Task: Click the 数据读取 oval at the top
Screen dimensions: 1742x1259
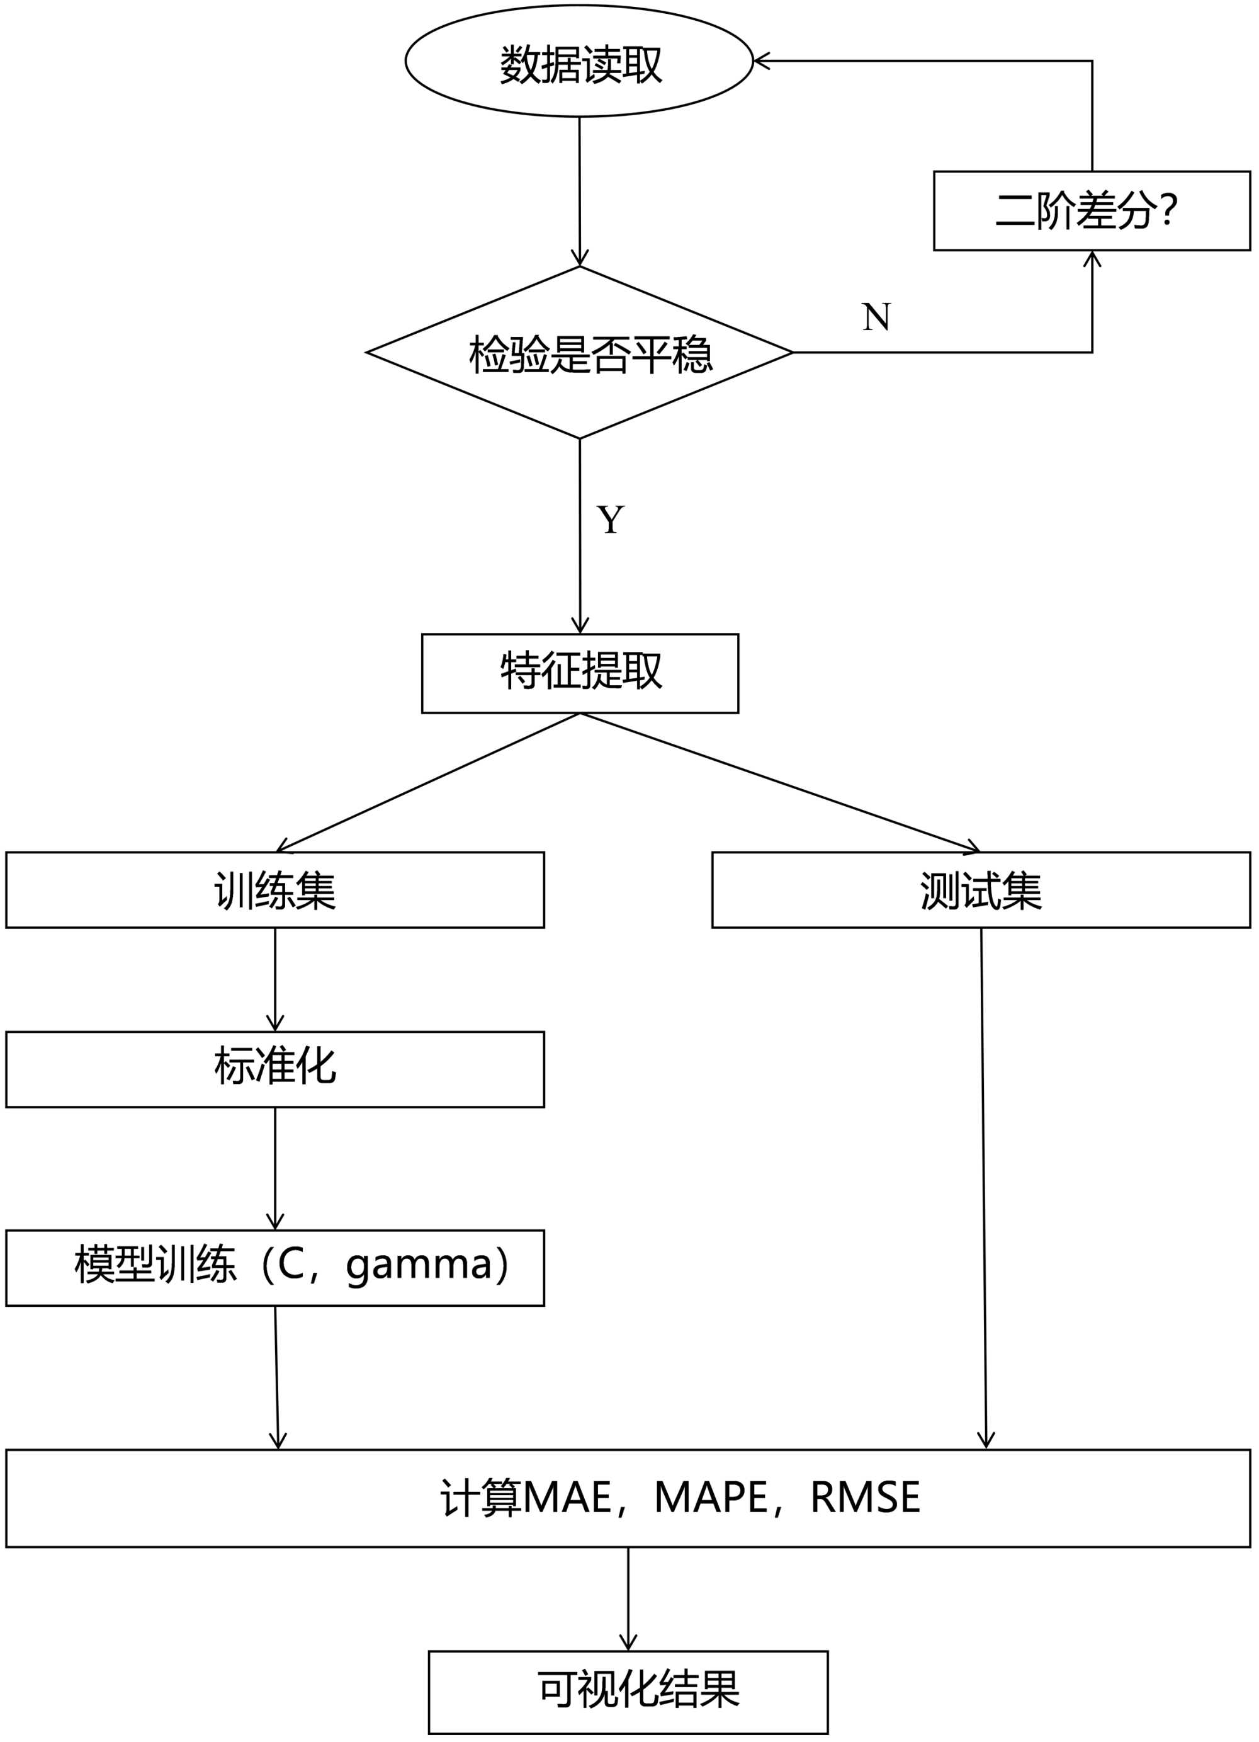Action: (x=579, y=62)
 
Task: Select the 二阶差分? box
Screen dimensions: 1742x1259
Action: (x=1091, y=210)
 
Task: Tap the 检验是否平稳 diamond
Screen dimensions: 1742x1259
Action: (x=580, y=353)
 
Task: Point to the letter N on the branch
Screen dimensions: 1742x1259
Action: (x=876, y=316)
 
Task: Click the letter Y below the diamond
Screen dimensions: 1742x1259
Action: (x=611, y=520)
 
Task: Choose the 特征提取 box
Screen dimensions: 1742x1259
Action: (x=580, y=673)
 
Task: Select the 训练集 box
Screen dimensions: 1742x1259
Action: (x=275, y=890)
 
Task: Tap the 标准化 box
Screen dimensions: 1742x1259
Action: (x=275, y=1069)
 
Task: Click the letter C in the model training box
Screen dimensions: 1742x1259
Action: (x=291, y=1263)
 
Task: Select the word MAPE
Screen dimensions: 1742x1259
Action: (x=711, y=1497)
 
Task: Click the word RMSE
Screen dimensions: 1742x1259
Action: (x=865, y=1497)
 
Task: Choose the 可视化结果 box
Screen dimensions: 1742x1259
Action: (x=628, y=1690)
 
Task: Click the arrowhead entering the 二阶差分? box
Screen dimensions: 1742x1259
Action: (x=1092, y=258)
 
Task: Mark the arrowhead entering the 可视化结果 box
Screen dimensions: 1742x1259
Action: (x=628, y=1642)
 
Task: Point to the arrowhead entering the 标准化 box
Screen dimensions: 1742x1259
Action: (x=275, y=1024)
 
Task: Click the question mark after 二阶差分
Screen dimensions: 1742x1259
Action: (x=1169, y=209)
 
